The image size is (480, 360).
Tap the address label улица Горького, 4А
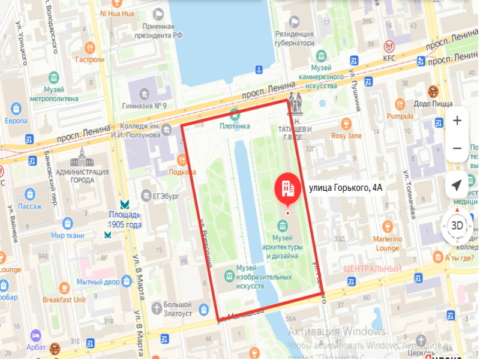[345, 188]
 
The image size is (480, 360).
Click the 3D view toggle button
[457, 226]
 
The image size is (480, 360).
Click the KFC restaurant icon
[390, 46]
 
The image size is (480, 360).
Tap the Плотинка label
[235, 126]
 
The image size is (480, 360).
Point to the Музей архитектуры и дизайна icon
[281, 225]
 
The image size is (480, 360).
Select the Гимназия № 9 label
[143, 106]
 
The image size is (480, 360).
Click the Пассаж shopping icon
[29, 194]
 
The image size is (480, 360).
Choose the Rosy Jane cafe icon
[346, 124]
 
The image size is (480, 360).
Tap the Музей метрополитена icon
[54, 77]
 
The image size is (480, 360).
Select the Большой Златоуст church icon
[157, 308]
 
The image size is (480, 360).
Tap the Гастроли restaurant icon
[90, 47]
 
